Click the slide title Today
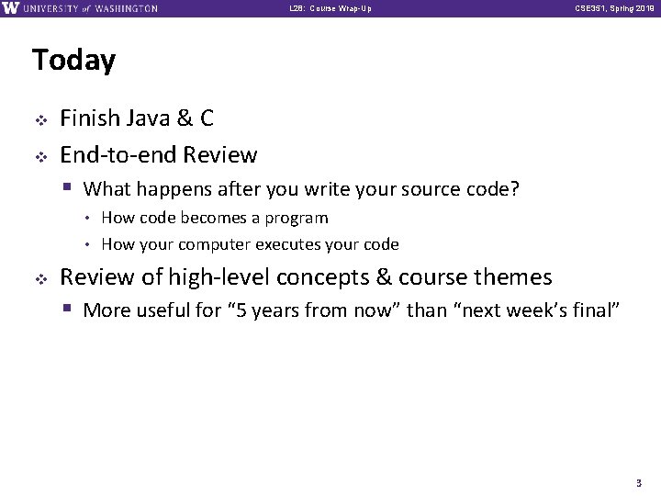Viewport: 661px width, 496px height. click(x=73, y=61)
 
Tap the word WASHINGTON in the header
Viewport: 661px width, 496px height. click(x=126, y=8)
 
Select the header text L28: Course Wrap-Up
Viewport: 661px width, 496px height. click(x=330, y=8)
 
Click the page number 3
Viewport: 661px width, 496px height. click(x=638, y=482)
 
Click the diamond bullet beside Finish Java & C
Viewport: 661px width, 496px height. click(x=39, y=119)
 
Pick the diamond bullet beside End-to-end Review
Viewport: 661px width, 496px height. click(x=39, y=155)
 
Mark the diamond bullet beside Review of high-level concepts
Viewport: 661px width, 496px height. click(x=39, y=277)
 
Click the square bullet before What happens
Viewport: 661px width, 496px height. click(x=69, y=189)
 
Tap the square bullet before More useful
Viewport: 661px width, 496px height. click(x=69, y=310)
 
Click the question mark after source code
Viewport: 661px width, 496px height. click(x=515, y=189)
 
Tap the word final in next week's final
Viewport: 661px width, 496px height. click(x=597, y=310)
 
